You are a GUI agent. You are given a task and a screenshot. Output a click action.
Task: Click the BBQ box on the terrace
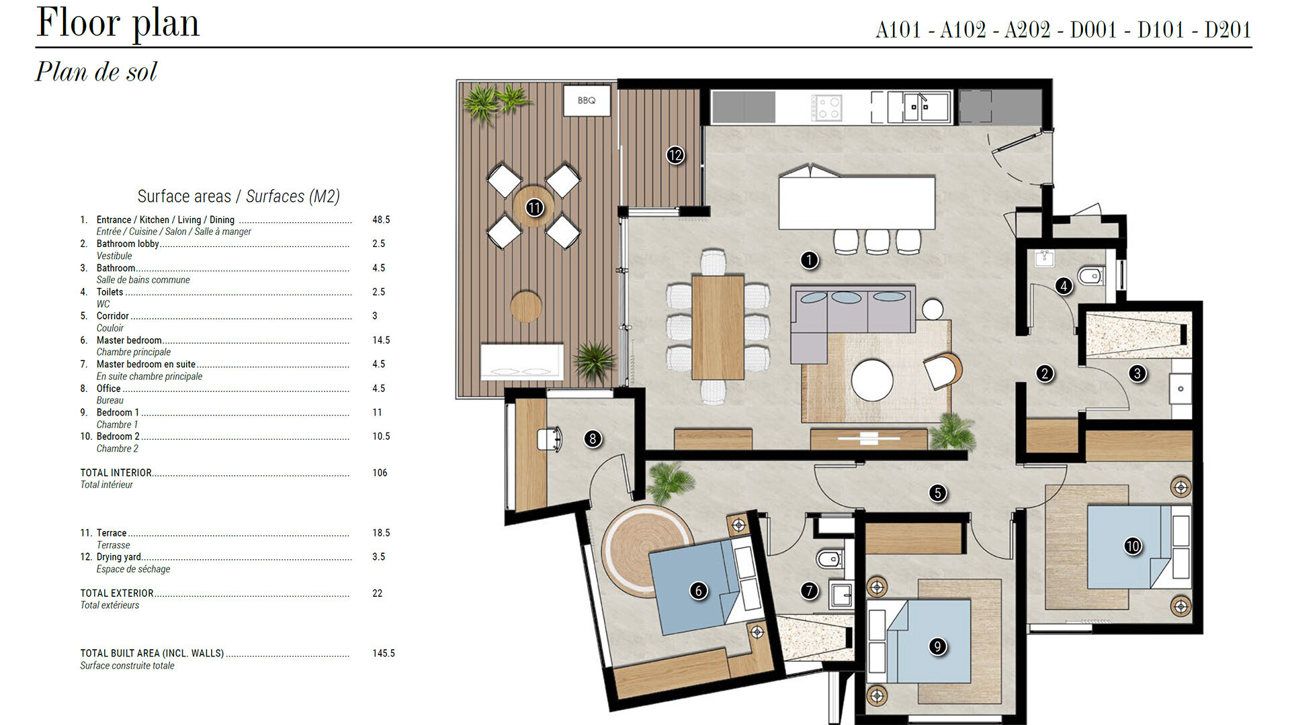pos(587,101)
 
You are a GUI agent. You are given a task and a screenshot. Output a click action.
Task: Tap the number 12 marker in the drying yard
pos(675,155)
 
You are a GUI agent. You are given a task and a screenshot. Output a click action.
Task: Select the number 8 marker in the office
pos(592,439)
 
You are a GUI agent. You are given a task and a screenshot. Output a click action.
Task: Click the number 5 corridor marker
pos(938,493)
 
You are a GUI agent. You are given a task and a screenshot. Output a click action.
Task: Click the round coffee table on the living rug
pos(872,380)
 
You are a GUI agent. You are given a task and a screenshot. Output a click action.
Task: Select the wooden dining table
pos(718,328)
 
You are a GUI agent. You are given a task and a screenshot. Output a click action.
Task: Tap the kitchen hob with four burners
pos(826,107)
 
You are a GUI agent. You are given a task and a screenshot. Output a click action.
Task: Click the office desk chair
pos(549,439)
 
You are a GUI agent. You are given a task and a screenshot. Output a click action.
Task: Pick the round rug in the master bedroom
pos(647,550)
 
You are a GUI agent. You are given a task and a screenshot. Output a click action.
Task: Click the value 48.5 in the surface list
pos(381,220)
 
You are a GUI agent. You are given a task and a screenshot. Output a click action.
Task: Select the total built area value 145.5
pos(384,653)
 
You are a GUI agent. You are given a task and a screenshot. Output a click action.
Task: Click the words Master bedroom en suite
pos(146,365)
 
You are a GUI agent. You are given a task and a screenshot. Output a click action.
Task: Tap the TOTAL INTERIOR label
pos(116,473)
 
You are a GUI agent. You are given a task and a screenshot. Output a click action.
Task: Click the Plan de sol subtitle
pos(96,72)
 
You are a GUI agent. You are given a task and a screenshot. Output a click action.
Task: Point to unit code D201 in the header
pos(1228,30)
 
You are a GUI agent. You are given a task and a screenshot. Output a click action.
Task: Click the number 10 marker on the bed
pos(1133,546)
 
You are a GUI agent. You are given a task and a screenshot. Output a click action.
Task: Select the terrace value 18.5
pos(381,533)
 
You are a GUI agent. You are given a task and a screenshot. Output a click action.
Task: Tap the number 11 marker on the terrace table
pos(534,207)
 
